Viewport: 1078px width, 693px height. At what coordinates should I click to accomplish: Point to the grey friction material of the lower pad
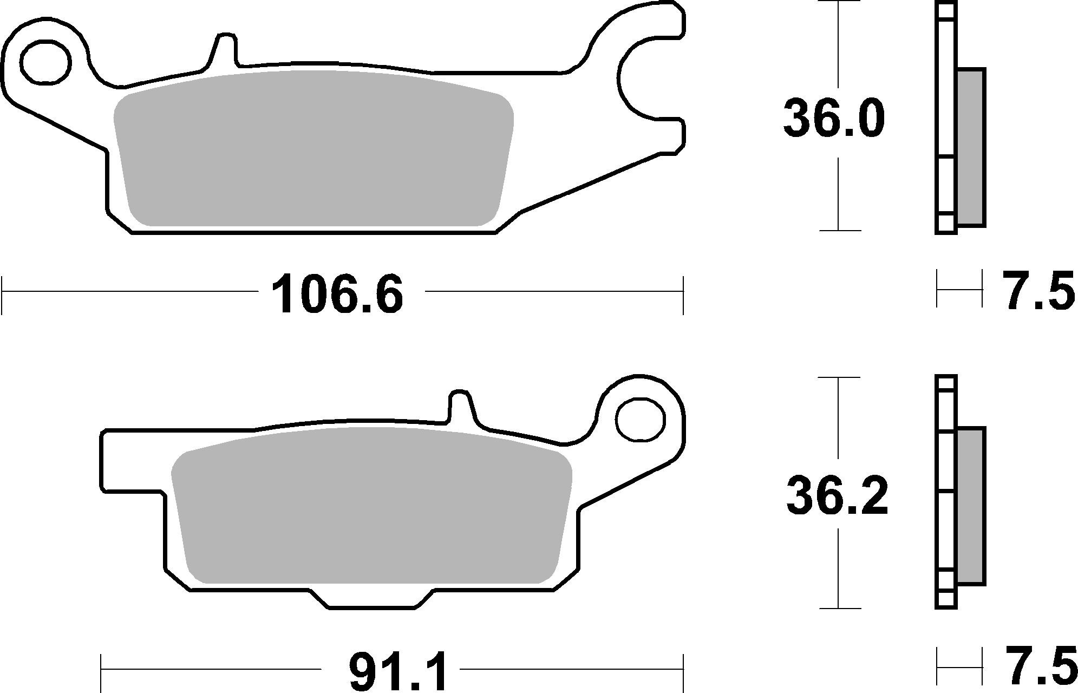tap(371, 506)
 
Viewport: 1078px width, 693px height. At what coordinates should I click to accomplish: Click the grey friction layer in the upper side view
tap(971, 154)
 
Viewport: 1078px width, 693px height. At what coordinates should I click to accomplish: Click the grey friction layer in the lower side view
tap(971, 506)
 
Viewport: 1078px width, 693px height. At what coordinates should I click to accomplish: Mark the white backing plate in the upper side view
tap(946, 108)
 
